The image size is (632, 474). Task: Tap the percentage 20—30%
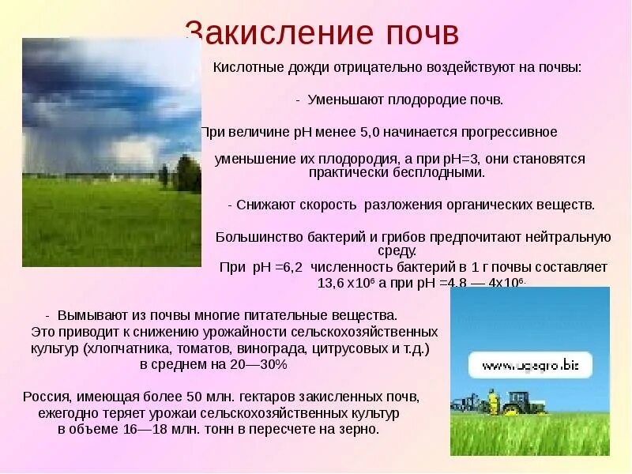click(x=261, y=365)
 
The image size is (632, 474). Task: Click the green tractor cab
click(x=518, y=401)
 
